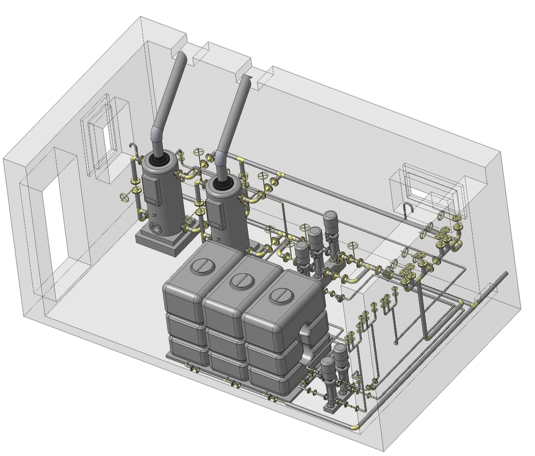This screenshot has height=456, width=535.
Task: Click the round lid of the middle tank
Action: (242, 280)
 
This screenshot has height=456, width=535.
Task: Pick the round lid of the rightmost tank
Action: (280, 295)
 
